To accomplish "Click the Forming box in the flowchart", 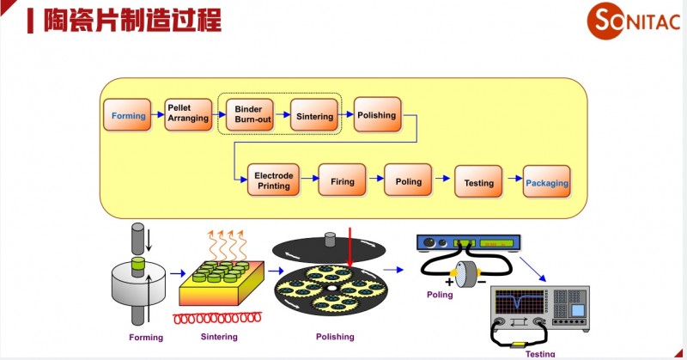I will click(x=129, y=116).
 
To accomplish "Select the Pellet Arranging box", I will click(x=188, y=113).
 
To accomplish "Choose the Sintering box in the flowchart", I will click(x=313, y=116).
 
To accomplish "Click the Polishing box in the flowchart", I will click(x=376, y=115).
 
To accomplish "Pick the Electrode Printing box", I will click(x=274, y=180).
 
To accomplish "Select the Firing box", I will click(x=342, y=181).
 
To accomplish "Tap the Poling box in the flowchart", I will click(x=408, y=181).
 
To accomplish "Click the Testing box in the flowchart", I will click(x=478, y=182).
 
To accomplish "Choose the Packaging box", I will click(x=546, y=182).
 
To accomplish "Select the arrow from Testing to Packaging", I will click(x=512, y=180).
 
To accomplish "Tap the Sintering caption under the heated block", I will click(x=218, y=336).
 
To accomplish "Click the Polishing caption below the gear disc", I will click(x=336, y=336).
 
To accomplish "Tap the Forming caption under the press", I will click(x=145, y=338).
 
